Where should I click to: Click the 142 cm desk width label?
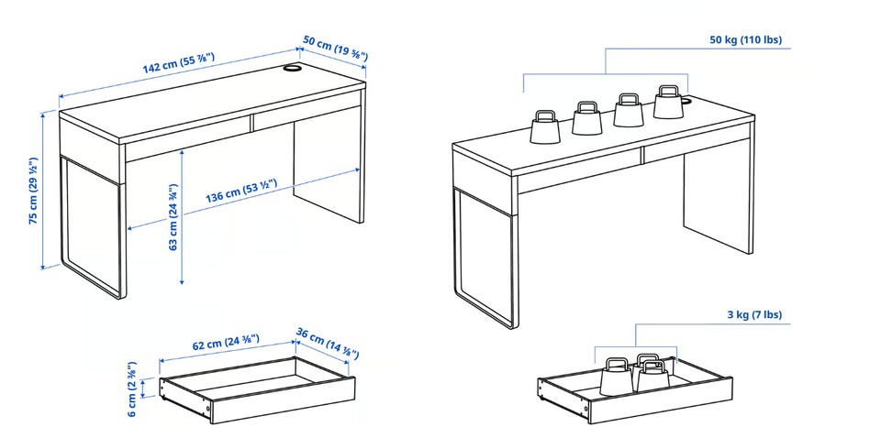coord(179,62)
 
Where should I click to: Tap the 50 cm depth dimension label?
coord(335,48)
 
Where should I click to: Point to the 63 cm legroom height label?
coord(173,216)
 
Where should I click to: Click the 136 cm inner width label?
coord(241,190)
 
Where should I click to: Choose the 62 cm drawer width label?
coord(226,342)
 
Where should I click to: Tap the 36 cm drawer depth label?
coord(327,343)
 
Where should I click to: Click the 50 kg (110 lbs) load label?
coord(745,39)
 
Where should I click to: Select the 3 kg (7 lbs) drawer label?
coord(754,314)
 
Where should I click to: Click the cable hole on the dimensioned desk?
coord(292,68)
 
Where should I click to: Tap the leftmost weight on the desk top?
coord(545,126)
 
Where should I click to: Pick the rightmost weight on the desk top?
coord(669,102)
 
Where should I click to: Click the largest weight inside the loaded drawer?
coord(617,377)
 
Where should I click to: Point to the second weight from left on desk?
coord(587,118)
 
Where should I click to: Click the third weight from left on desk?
coord(628,110)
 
